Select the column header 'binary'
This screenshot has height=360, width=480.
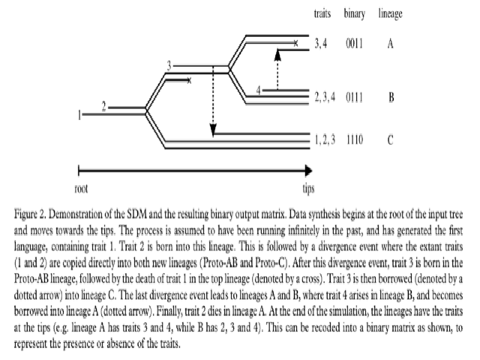click(355, 13)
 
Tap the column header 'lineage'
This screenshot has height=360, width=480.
click(391, 13)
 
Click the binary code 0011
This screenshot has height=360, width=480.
click(355, 43)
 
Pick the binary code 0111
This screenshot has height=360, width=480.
click(355, 97)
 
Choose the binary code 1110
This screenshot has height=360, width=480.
click(355, 139)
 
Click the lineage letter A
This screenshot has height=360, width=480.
click(391, 43)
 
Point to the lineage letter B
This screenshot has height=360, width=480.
click(391, 97)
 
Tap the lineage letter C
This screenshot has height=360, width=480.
click(391, 139)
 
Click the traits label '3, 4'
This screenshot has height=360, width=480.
click(322, 43)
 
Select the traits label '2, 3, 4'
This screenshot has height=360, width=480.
click(325, 97)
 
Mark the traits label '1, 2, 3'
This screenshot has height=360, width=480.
click(325, 139)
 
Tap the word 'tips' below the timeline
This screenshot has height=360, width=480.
click(309, 187)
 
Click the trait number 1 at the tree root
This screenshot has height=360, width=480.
click(79, 114)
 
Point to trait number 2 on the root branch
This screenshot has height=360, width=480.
click(104, 105)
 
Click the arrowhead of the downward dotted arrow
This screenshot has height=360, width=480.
click(213, 133)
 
